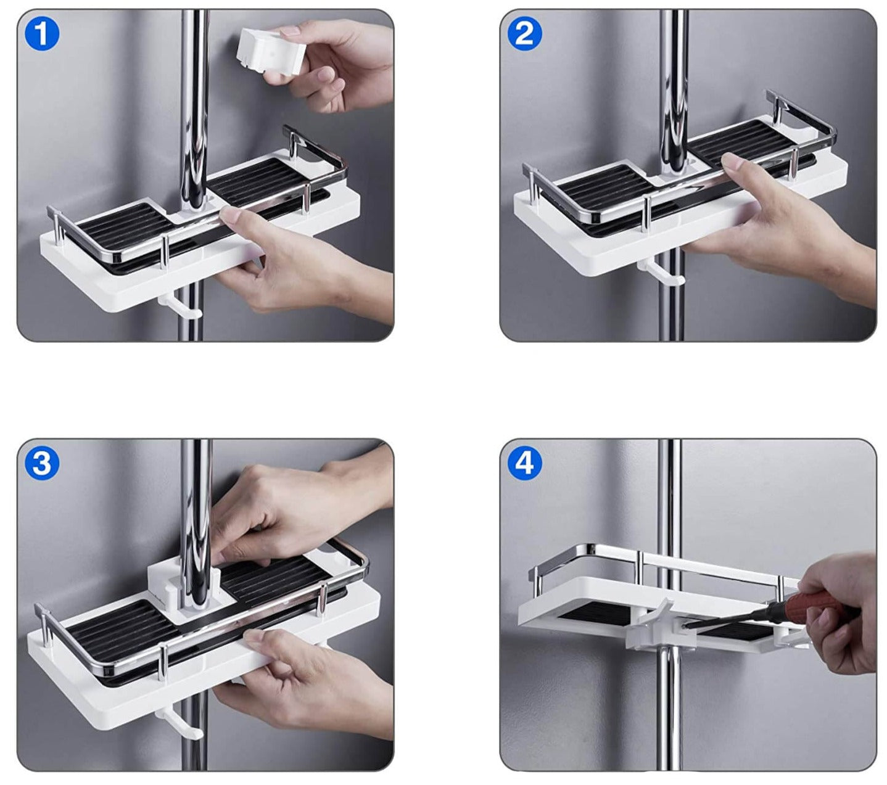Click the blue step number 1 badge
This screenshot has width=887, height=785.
[42, 34]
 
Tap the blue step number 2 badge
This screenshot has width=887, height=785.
[524, 34]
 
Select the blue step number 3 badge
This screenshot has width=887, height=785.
[42, 463]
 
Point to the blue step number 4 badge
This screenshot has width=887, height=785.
[524, 463]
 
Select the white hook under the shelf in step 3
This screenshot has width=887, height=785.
[180, 728]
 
